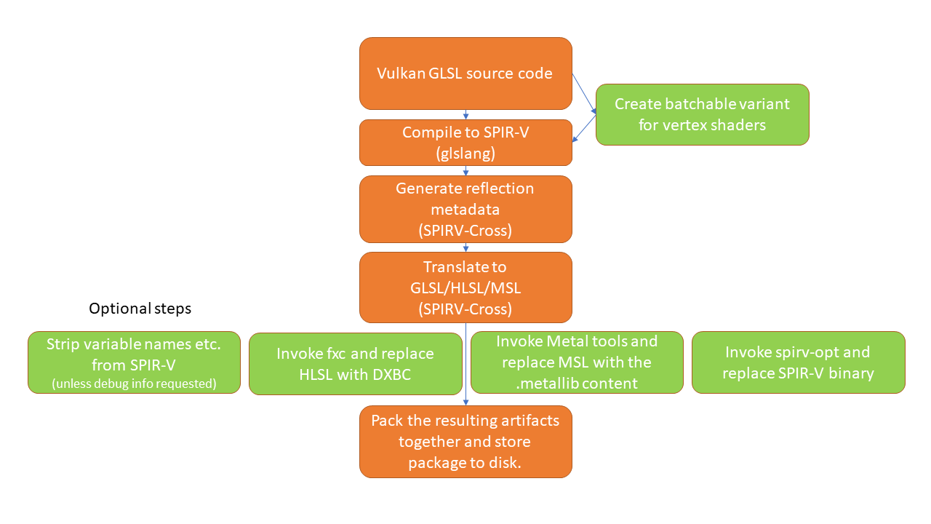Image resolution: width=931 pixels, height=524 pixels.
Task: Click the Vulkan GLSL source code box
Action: [465, 74]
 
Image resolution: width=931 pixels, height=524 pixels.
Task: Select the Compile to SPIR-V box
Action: [465, 142]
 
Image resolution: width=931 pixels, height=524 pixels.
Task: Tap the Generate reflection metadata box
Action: [465, 209]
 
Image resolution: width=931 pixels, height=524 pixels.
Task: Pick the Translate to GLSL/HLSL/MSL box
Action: [465, 287]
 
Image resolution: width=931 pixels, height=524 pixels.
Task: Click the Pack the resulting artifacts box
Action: [465, 442]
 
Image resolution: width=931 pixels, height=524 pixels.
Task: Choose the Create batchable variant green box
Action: [702, 114]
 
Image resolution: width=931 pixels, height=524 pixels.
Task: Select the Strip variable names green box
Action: [134, 362]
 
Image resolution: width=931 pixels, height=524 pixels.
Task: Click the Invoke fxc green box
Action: [355, 363]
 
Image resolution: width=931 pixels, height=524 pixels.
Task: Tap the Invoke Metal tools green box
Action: [577, 362]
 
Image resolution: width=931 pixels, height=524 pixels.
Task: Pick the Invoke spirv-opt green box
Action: [798, 362]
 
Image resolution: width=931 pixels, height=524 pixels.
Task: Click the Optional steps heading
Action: [140, 309]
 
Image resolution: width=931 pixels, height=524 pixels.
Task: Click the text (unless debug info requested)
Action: [134, 384]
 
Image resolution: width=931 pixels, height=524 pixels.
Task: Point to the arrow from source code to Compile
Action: [465, 115]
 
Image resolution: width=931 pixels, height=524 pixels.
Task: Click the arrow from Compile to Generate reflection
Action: [465, 171]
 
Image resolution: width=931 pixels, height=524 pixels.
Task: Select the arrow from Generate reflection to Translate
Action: [465, 247]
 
